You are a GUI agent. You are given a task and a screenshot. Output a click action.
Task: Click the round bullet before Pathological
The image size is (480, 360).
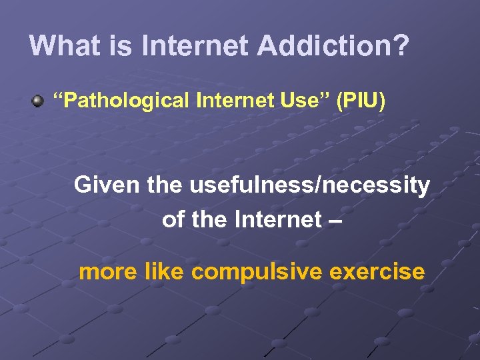pos(37,101)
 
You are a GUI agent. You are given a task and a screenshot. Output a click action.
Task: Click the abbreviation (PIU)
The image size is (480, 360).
pos(361,101)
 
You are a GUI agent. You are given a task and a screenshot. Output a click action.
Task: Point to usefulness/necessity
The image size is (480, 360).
pos(310,185)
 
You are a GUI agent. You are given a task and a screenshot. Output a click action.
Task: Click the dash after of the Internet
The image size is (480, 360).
pos(336,221)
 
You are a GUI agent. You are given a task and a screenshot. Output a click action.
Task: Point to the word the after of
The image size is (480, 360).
pos(209,219)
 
